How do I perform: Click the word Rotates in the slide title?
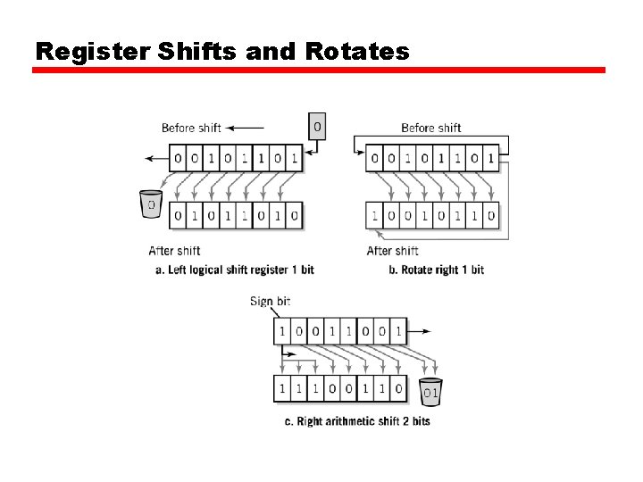click(x=356, y=51)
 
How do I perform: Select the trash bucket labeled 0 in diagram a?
click(x=151, y=204)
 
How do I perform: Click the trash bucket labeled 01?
click(x=430, y=390)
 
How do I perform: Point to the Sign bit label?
click(x=270, y=301)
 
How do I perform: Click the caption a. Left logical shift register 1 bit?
click(x=235, y=270)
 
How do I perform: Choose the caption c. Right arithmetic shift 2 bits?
click(x=357, y=420)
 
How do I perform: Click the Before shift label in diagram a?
click(x=191, y=128)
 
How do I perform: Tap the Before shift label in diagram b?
click(x=431, y=128)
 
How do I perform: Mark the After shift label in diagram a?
click(x=174, y=251)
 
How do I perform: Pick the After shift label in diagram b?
click(x=393, y=251)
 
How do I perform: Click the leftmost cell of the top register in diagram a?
click(x=180, y=160)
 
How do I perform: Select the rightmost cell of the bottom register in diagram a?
click(x=294, y=215)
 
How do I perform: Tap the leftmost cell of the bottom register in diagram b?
click(x=374, y=215)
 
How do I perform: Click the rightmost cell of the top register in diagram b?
click(x=490, y=160)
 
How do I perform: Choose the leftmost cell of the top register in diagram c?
click(x=282, y=331)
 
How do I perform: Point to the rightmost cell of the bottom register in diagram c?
click(x=397, y=388)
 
